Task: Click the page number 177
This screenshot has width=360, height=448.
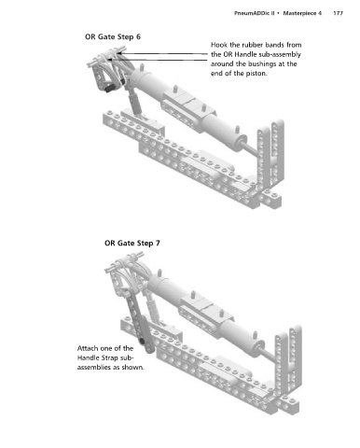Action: (338, 13)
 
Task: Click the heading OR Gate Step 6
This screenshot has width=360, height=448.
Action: (113, 36)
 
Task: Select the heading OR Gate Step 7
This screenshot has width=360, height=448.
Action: (132, 243)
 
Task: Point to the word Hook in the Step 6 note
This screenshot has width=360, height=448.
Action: (219, 45)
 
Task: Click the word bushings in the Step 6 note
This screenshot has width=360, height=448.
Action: (264, 64)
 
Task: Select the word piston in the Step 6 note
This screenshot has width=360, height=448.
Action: (256, 74)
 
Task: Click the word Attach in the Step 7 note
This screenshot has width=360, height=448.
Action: (87, 348)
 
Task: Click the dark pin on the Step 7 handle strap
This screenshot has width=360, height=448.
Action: (142, 342)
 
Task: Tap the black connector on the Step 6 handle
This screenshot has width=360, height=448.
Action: (109, 90)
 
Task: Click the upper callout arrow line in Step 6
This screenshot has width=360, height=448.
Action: (164, 53)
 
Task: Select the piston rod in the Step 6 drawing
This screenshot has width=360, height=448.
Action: (253, 149)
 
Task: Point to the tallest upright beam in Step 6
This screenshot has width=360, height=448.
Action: (277, 152)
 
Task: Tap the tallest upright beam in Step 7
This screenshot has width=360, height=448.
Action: (295, 357)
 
